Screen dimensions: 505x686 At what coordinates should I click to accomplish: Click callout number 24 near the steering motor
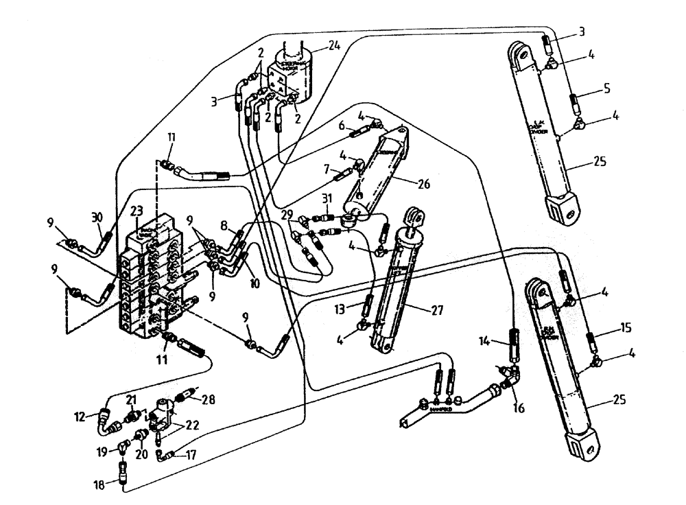334,47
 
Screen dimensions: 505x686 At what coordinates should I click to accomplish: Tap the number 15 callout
624,327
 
